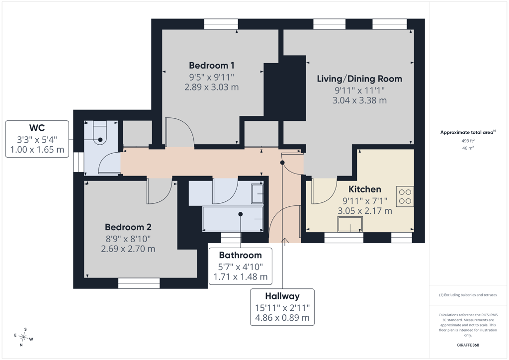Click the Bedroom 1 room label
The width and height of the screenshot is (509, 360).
(x=212, y=66)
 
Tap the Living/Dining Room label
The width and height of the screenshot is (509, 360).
(x=359, y=79)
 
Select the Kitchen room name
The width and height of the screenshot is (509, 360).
(x=365, y=189)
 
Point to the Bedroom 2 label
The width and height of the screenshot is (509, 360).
(x=128, y=227)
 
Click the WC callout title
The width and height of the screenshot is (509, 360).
(x=37, y=128)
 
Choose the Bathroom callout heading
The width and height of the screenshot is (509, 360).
(x=240, y=255)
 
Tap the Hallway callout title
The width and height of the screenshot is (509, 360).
(x=282, y=296)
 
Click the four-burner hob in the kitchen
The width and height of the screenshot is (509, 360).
(x=405, y=197)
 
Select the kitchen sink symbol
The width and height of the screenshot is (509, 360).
(x=350, y=224)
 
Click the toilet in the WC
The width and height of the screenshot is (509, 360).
(x=100, y=133)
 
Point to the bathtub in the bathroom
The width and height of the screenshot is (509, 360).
(x=233, y=219)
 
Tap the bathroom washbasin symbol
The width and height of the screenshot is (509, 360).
(x=257, y=194)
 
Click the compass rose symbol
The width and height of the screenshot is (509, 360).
(x=23, y=337)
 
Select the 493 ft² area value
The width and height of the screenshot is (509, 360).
(x=468, y=141)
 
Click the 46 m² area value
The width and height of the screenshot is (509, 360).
(x=468, y=148)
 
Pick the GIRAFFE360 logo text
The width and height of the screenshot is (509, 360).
(x=468, y=345)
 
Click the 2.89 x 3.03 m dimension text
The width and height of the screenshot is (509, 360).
(x=212, y=87)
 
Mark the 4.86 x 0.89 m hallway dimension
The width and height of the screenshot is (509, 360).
(x=282, y=317)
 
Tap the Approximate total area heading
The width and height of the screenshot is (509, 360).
(x=467, y=132)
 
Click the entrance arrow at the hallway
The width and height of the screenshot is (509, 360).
(x=285, y=242)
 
